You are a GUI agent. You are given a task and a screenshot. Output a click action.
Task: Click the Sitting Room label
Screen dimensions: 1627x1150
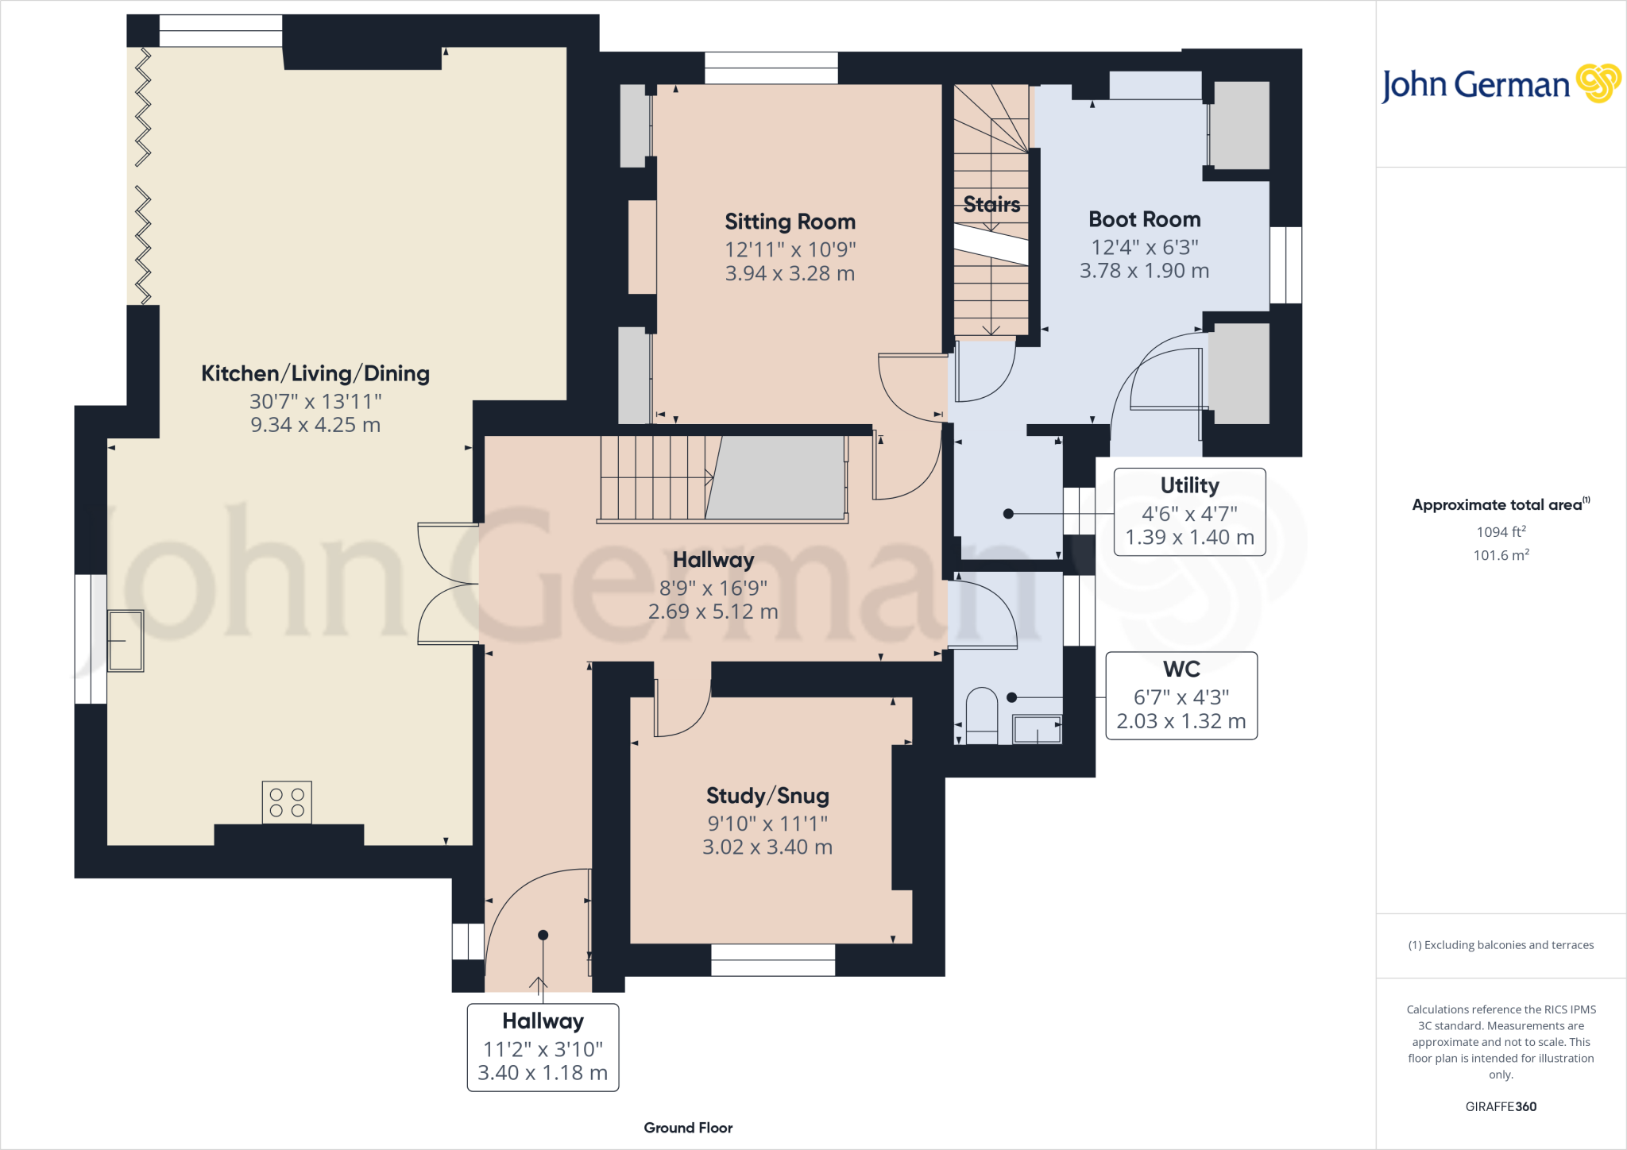pos(790,222)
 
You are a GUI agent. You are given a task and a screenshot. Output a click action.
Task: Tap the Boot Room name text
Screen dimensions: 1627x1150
pos(1144,219)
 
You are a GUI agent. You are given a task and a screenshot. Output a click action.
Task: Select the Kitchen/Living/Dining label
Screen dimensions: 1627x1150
pos(315,373)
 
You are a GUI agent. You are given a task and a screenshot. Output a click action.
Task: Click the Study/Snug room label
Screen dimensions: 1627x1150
pos(767,796)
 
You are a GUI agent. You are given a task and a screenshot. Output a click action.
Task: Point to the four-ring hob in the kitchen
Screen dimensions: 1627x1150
pos(287,802)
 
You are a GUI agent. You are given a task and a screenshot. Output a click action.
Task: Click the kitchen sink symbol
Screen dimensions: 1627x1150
pos(126,641)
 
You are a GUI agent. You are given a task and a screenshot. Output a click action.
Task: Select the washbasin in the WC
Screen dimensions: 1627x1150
pos(1037,729)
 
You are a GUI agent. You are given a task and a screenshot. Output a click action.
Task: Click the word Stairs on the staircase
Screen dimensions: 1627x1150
pos(991,205)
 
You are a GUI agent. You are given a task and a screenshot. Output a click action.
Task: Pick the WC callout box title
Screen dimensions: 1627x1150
pos(1181,670)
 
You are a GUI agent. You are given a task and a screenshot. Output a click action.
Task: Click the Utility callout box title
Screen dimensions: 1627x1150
pos(1189,485)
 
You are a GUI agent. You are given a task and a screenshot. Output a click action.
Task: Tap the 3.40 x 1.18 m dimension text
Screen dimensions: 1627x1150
pos(543,1073)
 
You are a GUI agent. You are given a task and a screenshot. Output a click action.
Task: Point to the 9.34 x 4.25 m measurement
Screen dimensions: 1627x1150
pos(315,425)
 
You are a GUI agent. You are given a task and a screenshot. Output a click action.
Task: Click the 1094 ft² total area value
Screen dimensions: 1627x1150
pos(1501,531)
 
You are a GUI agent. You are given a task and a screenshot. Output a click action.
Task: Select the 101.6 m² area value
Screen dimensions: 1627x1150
pos(1501,555)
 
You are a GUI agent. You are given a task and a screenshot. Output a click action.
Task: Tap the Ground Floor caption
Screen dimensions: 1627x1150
pos(688,1128)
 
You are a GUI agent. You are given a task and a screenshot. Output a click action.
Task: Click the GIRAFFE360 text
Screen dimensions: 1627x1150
pos(1501,1106)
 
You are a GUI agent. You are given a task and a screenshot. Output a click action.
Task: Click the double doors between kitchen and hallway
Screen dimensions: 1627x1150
pos(448,583)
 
